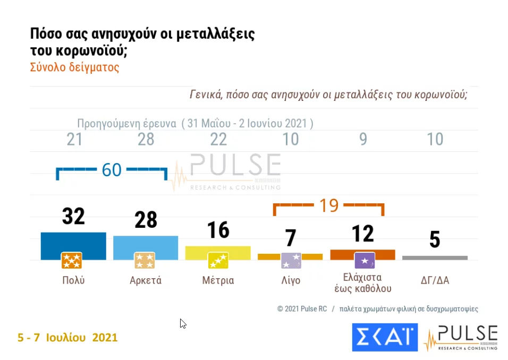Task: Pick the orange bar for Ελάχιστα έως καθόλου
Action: [x=362, y=254]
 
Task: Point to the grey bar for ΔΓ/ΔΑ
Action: [x=435, y=258]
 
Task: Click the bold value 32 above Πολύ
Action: [x=73, y=216]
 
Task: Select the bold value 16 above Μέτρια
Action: [x=218, y=230]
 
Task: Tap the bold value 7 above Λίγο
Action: [x=290, y=238]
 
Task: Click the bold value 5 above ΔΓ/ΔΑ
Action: [x=435, y=240]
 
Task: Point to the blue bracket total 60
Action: [x=112, y=170]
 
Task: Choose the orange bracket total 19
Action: [x=328, y=205]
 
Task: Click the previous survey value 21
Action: [x=74, y=139]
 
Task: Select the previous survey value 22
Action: [x=218, y=139]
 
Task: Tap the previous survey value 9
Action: [x=363, y=139]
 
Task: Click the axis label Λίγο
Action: [x=290, y=280]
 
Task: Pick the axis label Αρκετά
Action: [x=146, y=280]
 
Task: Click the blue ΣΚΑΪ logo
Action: [x=385, y=337]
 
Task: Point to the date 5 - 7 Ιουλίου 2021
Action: [x=67, y=337]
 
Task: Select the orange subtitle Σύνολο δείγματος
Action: [x=74, y=67]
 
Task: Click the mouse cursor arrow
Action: [x=183, y=323]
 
